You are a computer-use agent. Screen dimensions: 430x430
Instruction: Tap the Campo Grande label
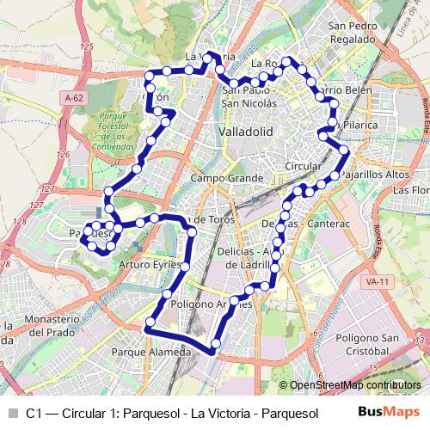226,178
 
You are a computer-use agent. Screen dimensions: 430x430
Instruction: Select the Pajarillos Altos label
375,174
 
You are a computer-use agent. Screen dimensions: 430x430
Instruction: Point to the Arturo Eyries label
150,264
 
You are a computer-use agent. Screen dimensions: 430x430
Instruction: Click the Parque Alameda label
151,353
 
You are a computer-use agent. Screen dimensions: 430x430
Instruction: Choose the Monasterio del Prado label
35,326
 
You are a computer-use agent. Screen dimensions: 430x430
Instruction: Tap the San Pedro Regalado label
353,33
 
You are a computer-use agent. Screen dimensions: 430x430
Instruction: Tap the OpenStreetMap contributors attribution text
355,385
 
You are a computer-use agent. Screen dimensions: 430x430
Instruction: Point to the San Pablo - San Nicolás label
249,96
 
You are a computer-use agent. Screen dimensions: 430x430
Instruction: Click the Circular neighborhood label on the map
303,165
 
